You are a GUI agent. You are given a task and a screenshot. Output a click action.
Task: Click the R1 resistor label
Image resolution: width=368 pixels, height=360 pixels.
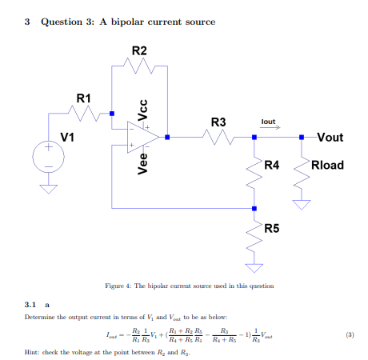(x=84, y=98)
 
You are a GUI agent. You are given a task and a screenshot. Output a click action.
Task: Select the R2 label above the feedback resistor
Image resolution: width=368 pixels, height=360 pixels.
(x=139, y=50)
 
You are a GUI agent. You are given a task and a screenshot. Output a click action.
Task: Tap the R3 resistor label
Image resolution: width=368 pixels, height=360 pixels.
(x=218, y=122)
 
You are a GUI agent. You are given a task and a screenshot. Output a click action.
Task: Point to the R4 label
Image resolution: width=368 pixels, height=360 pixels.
(x=272, y=165)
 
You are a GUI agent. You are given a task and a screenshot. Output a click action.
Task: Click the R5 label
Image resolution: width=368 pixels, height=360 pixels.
(x=272, y=229)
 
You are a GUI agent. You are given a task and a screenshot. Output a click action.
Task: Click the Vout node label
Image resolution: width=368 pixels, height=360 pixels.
(x=330, y=138)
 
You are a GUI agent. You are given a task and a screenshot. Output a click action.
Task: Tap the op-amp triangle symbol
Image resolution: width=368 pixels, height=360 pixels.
(x=143, y=137)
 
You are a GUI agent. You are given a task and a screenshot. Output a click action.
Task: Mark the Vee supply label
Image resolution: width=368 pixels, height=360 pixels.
(x=143, y=165)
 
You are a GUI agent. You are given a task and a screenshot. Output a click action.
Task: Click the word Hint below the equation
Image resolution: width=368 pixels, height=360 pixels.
(x=34, y=352)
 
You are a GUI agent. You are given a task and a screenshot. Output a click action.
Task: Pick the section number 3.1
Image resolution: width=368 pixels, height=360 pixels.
(x=31, y=304)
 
